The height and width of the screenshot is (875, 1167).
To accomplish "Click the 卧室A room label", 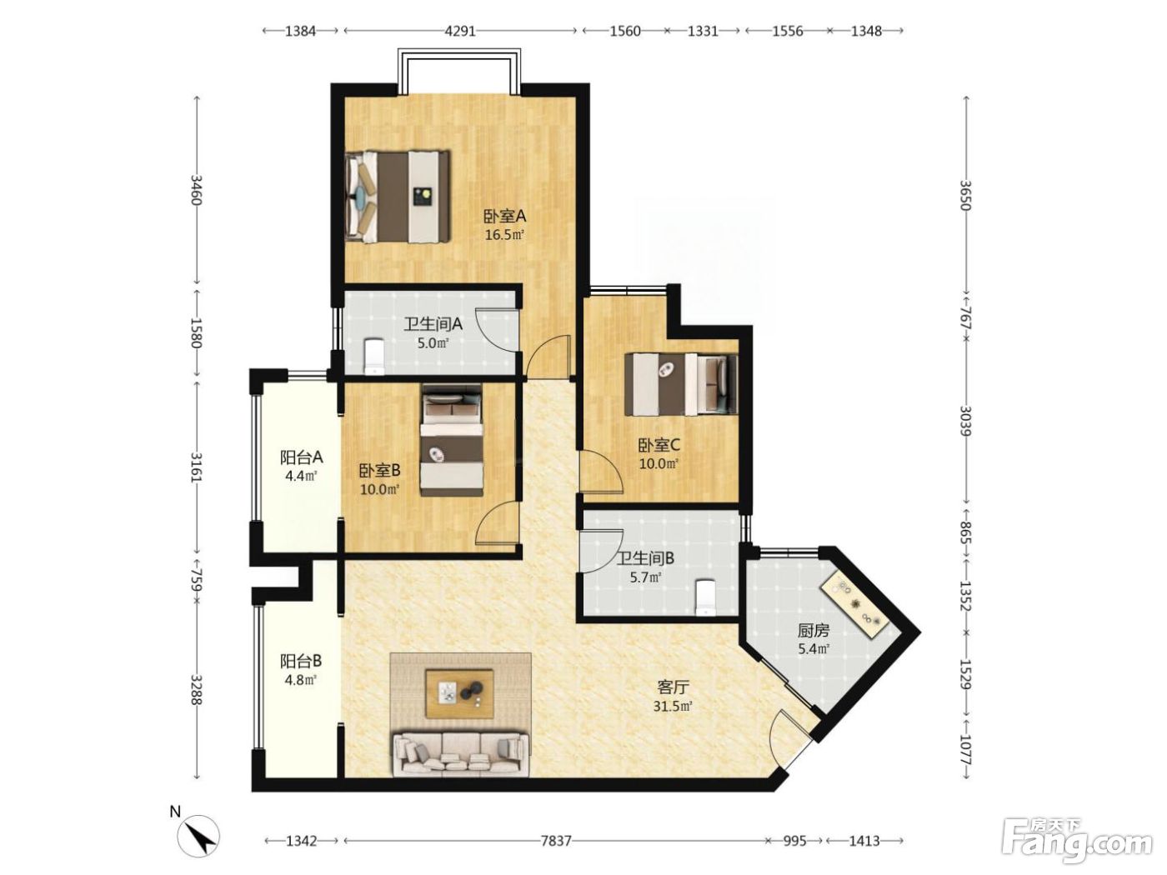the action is coord(504,216).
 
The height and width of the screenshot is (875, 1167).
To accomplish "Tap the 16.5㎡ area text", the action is coord(504,235).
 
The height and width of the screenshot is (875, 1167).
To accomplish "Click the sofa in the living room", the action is coord(460,754).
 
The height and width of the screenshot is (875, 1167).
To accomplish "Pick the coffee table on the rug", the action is coord(460,692).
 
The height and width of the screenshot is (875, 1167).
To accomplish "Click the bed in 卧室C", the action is coord(681,385).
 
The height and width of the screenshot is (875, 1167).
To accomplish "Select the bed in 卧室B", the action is coord(452,440).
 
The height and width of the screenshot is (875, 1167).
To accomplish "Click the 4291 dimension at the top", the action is coord(460,31).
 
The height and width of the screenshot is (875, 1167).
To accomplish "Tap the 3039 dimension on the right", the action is coord(965,421).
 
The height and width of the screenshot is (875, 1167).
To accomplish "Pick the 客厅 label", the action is coord(673,687).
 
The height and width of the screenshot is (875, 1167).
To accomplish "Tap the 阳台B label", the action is coord(301,661).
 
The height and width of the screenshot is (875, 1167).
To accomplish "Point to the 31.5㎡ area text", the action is coord(673,707).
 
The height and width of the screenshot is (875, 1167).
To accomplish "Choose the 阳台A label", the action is coord(302,457).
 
